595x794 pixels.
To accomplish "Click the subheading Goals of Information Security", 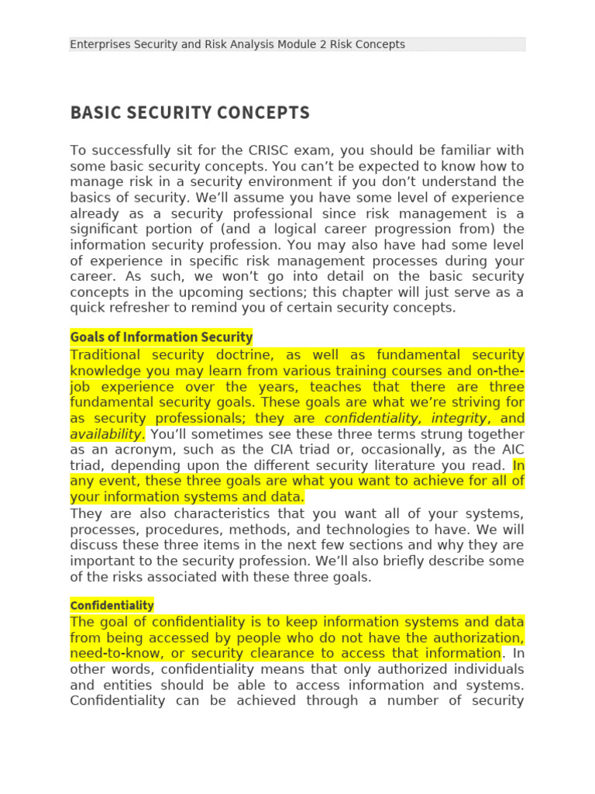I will [x=161, y=337].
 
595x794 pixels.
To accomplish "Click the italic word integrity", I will [x=459, y=418].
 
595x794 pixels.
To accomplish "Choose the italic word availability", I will [x=106, y=434].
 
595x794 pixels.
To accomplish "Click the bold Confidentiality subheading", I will [x=112, y=605].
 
